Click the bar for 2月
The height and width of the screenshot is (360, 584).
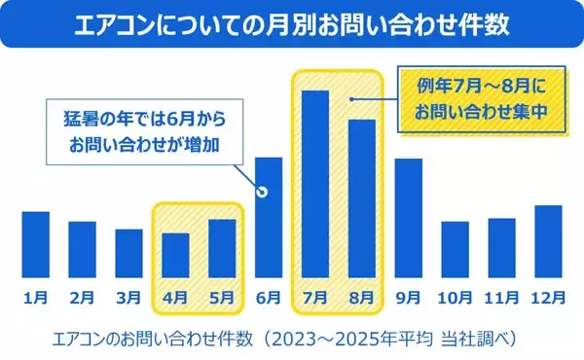(x=82, y=250)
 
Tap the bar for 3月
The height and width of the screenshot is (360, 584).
(x=128, y=254)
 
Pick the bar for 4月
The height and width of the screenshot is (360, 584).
(x=175, y=256)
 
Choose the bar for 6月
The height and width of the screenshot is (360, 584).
(x=269, y=218)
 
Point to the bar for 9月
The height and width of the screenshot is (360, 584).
(x=409, y=219)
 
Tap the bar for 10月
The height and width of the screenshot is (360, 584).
(x=456, y=250)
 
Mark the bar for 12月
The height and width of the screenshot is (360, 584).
(x=549, y=242)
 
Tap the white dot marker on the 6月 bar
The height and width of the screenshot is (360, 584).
(x=261, y=192)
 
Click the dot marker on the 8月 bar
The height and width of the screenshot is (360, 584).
(x=353, y=98)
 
